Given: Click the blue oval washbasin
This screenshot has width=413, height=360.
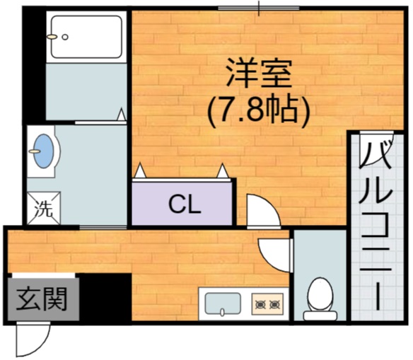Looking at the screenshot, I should [x=45, y=151].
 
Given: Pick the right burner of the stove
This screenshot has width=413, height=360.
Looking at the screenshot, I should [x=275, y=304].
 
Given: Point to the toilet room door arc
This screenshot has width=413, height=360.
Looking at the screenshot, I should [x=274, y=252].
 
